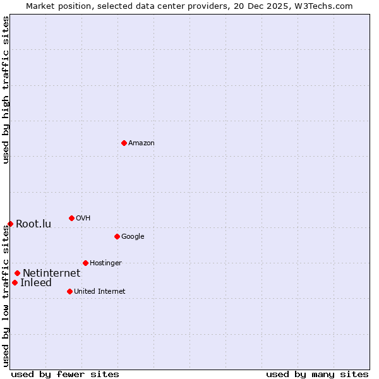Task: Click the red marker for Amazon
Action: point(124,143)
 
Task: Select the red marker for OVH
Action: point(71,218)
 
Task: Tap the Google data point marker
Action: point(117,236)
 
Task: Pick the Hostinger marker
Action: point(85,263)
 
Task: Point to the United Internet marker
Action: point(69,291)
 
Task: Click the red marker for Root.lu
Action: point(10,224)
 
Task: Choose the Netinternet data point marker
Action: point(17,273)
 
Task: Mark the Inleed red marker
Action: point(15,282)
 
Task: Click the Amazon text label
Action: point(141,143)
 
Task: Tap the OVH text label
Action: point(83,219)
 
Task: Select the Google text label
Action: point(133,237)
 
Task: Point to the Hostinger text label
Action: point(105,263)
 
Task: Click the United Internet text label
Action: point(99,292)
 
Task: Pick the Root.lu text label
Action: point(33,224)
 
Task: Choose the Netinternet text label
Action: point(51,274)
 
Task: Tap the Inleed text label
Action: point(36,283)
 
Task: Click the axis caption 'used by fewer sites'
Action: point(65,374)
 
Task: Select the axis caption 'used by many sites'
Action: point(317,374)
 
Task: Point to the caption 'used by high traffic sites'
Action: point(6,90)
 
